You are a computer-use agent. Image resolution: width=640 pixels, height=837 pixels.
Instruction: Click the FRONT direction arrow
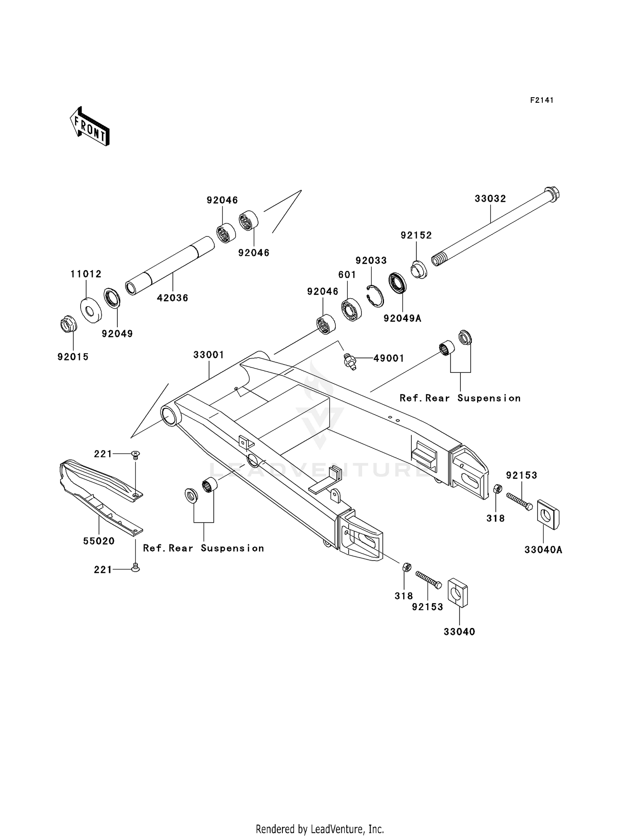(x=90, y=127)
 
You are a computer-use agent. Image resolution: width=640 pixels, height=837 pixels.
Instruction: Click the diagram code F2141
(x=541, y=100)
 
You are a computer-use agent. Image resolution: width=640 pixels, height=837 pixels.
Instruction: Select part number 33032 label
(x=490, y=199)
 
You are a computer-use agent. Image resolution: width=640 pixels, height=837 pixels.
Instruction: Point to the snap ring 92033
(x=375, y=296)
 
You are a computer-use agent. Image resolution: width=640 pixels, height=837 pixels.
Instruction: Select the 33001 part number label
(x=209, y=355)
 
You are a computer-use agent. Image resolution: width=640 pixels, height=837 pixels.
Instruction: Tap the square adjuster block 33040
(x=457, y=592)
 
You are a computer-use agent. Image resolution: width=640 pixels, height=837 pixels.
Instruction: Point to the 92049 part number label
(x=117, y=334)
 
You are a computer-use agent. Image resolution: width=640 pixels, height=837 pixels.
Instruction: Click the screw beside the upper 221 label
(x=136, y=455)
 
